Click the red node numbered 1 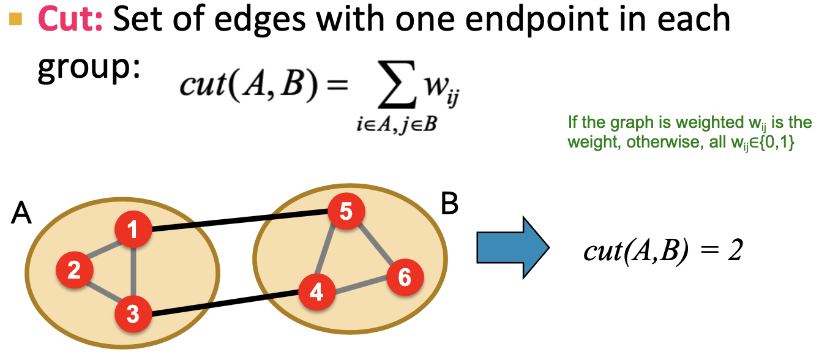pyautogui.click(x=133, y=230)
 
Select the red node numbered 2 pyautogui.click(x=74, y=269)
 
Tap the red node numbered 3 pyautogui.click(x=133, y=315)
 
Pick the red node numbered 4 pyautogui.click(x=316, y=292)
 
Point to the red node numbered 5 pyautogui.click(x=346, y=212)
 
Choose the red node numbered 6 pyautogui.click(x=404, y=278)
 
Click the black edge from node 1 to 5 pyautogui.click(x=239, y=221)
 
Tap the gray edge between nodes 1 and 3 pyautogui.click(x=133, y=272)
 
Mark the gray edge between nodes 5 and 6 pyautogui.click(x=375, y=245)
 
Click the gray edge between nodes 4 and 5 pyautogui.click(x=331, y=252)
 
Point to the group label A pyautogui.click(x=20, y=215)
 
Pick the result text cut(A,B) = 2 pyautogui.click(x=662, y=251)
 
